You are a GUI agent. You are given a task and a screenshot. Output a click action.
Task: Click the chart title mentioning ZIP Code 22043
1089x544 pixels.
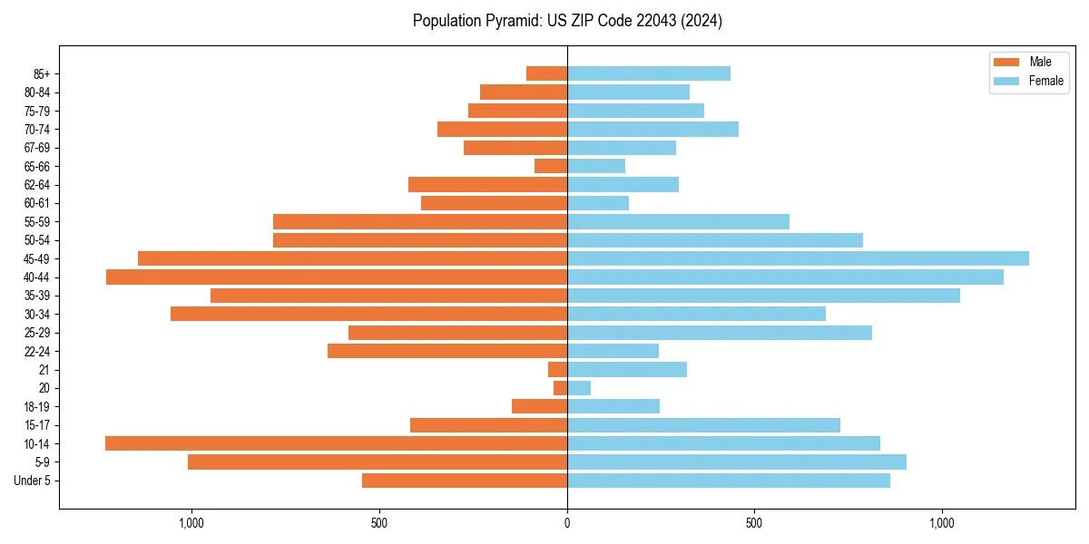click(567, 21)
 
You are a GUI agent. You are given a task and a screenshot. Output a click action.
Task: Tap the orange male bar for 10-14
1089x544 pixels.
click(336, 443)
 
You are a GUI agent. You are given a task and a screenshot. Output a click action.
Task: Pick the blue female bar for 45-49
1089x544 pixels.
click(798, 258)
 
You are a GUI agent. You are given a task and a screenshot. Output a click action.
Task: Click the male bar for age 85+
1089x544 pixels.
click(546, 73)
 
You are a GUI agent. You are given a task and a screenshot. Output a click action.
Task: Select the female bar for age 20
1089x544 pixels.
click(579, 388)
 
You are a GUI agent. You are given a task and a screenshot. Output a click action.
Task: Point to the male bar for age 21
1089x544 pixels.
click(557, 370)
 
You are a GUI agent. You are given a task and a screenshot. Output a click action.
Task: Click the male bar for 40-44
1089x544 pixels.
click(337, 277)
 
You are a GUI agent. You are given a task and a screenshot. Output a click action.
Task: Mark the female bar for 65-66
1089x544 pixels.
click(596, 166)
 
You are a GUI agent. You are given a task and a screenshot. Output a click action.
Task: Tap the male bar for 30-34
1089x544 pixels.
click(368, 314)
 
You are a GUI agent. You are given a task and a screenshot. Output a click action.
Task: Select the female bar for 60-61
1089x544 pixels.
click(598, 203)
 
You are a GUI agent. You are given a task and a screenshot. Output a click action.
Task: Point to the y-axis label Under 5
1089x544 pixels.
click(33, 481)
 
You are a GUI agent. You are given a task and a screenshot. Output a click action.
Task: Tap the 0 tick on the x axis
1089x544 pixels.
click(567, 523)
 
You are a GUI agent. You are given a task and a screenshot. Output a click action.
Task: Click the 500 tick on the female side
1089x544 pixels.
click(753, 523)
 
